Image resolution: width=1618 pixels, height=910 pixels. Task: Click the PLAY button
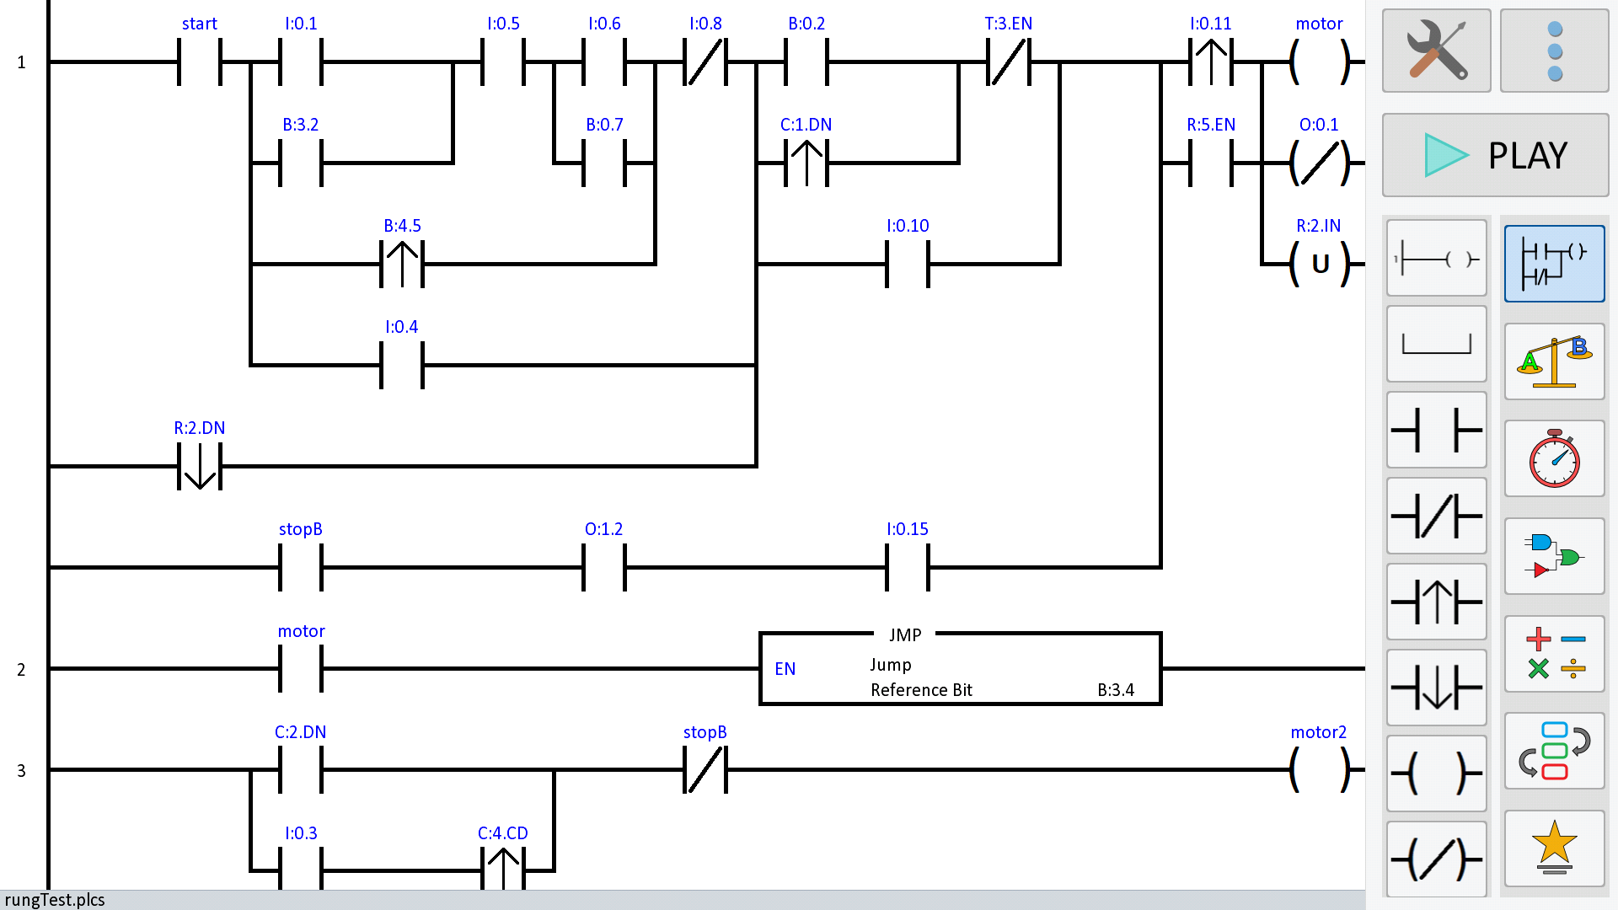click(x=1495, y=155)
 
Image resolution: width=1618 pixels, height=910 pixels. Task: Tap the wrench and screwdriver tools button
click(x=1436, y=51)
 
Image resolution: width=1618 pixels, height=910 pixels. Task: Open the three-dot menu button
click(x=1554, y=51)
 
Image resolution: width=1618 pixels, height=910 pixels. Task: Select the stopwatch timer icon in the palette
click(x=1554, y=459)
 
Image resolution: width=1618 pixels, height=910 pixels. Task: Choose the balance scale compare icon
click(x=1554, y=361)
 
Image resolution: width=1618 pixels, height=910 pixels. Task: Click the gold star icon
click(x=1554, y=848)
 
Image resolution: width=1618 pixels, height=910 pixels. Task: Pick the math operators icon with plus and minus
click(x=1554, y=654)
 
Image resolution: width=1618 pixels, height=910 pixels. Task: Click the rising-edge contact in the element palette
click(x=1436, y=602)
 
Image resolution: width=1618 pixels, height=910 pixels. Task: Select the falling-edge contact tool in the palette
click(x=1436, y=688)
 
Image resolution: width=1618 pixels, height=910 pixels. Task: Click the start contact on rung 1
click(x=200, y=62)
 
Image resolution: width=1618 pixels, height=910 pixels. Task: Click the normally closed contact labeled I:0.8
click(x=705, y=62)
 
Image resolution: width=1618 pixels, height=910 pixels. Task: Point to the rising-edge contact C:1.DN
click(x=806, y=163)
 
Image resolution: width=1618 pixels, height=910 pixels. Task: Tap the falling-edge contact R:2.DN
click(x=200, y=466)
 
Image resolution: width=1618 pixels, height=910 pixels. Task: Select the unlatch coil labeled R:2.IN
click(x=1319, y=264)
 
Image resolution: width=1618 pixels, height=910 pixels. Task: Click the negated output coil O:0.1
click(x=1319, y=163)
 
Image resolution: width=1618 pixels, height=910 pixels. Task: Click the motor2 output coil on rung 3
click(x=1319, y=769)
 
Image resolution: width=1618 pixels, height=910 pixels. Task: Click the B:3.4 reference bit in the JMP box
click(x=1116, y=690)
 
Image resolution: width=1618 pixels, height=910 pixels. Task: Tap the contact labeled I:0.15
click(x=908, y=567)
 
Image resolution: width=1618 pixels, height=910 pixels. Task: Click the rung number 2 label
click(x=21, y=670)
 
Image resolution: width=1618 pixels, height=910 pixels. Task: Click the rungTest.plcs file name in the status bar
click(x=55, y=900)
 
